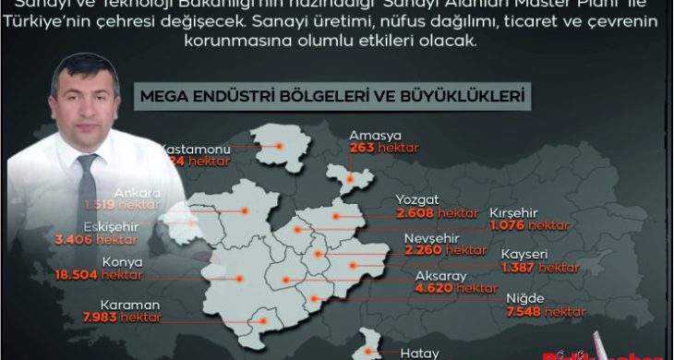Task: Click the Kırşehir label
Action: tap(517, 210)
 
